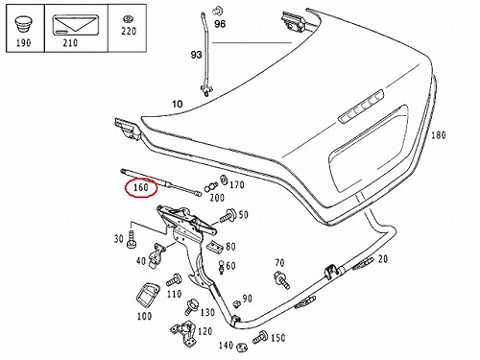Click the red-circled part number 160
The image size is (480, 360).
tap(141, 187)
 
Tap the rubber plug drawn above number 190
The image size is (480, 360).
tap(23, 25)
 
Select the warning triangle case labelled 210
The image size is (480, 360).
tap(76, 25)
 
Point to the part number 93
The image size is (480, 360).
tap(196, 55)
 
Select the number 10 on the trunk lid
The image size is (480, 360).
tap(178, 104)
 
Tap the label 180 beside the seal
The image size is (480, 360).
tap(438, 135)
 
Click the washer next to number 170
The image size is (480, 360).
tap(224, 180)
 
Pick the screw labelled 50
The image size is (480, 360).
tap(228, 216)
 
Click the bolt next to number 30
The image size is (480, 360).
tap(132, 240)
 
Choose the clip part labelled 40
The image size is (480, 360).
tap(156, 256)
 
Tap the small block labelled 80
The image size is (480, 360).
tap(214, 247)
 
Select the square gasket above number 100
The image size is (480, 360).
tap(148, 296)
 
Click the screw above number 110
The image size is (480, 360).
tap(174, 280)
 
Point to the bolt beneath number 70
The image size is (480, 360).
tap(282, 279)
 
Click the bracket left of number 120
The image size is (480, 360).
tap(183, 332)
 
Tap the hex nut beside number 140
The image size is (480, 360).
tap(242, 347)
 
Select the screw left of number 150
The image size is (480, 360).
tap(260, 337)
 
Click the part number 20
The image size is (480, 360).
tap(383, 259)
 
